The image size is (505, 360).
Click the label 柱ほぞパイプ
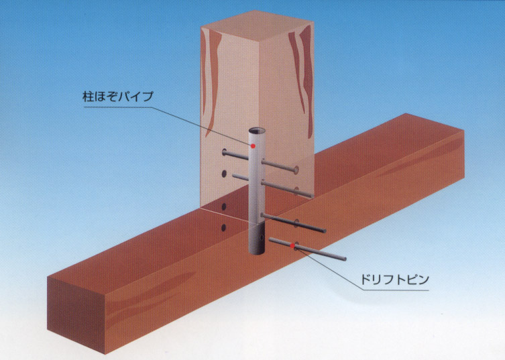pyautogui.click(x=118, y=97)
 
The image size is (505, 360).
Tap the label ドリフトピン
pyautogui.click(x=394, y=279)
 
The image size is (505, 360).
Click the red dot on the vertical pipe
pyautogui.click(x=253, y=146)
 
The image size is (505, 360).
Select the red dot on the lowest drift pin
pyautogui.click(x=292, y=246)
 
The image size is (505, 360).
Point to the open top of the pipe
pyautogui.click(x=257, y=131)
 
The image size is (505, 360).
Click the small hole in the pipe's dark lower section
pyautogui.click(x=262, y=238)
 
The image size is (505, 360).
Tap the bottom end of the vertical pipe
pyautogui.click(x=257, y=252)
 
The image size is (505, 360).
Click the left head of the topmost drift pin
pyautogui.click(x=224, y=152)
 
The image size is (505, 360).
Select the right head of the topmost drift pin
pyautogui.click(x=296, y=170)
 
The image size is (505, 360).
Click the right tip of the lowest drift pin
pyautogui.click(x=345, y=259)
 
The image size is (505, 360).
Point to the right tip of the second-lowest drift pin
pyautogui.click(x=325, y=231)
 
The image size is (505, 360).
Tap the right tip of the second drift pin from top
pyautogui.click(x=311, y=196)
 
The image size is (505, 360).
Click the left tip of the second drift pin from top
pyautogui.click(x=234, y=176)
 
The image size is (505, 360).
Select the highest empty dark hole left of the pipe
pyautogui.click(x=224, y=174)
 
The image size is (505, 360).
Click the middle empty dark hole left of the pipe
pyautogui.click(x=224, y=206)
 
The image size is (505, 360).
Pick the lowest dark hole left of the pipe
pyautogui.click(x=223, y=228)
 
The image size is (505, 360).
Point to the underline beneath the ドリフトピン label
pyautogui.click(x=396, y=290)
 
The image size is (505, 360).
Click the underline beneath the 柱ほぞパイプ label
pyautogui.click(x=118, y=107)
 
